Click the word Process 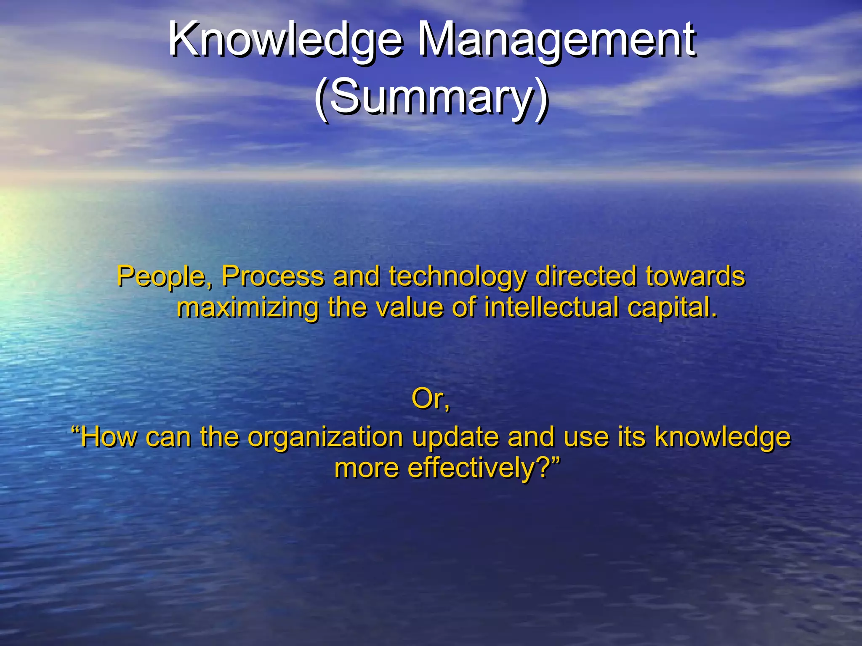click(273, 278)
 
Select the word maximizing click(247, 308)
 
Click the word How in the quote click(109, 437)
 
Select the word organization click(325, 438)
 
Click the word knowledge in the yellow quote click(722, 438)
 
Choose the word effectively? click(480, 468)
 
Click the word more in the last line click(366, 468)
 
